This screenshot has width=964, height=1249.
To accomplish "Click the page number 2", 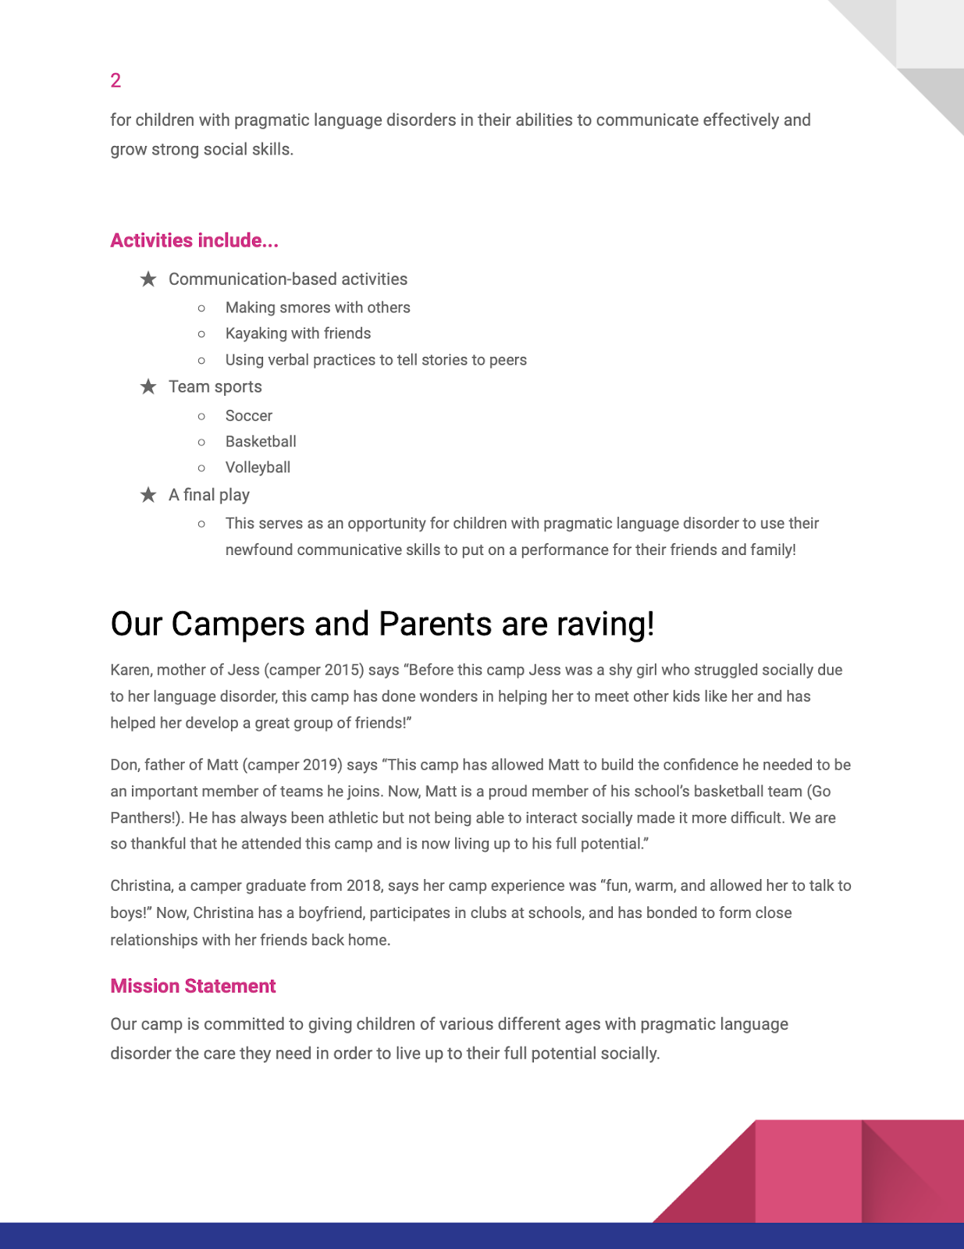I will [x=116, y=80].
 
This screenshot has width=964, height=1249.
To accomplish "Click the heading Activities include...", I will [x=194, y=240].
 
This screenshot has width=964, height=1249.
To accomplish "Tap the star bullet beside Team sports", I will [x=148, y=386].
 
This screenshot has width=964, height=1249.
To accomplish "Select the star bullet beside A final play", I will [x=148, y=495].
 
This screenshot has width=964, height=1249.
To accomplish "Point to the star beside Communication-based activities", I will [x=148, y=279].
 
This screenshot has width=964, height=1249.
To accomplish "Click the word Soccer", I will [x=249, y=416].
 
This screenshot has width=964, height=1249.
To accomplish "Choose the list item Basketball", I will [x=261, y=442].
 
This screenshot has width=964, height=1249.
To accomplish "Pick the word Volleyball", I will [x=258, y=468].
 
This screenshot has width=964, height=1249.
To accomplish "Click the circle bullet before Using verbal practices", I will [x=201, y=361].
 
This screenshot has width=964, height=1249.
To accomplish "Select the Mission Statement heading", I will [x=193, y=986].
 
